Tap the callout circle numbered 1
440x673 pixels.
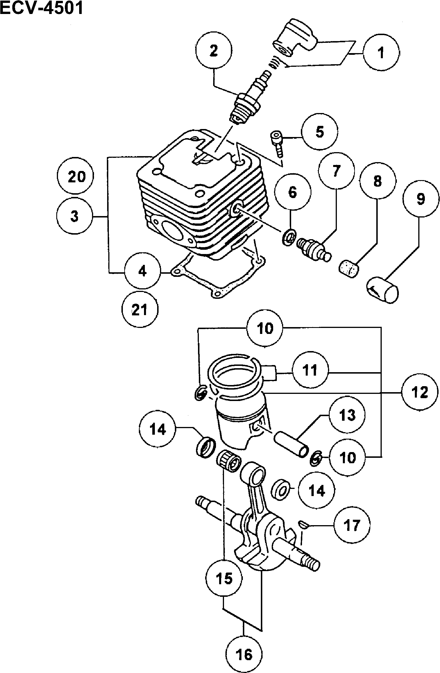[381, 53]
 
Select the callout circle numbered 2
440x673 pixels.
[213, 51]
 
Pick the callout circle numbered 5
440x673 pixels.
[320, 132]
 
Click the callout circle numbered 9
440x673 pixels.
[421, 199]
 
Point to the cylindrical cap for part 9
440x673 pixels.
[383, 290]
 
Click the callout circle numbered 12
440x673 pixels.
[419, 392]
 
